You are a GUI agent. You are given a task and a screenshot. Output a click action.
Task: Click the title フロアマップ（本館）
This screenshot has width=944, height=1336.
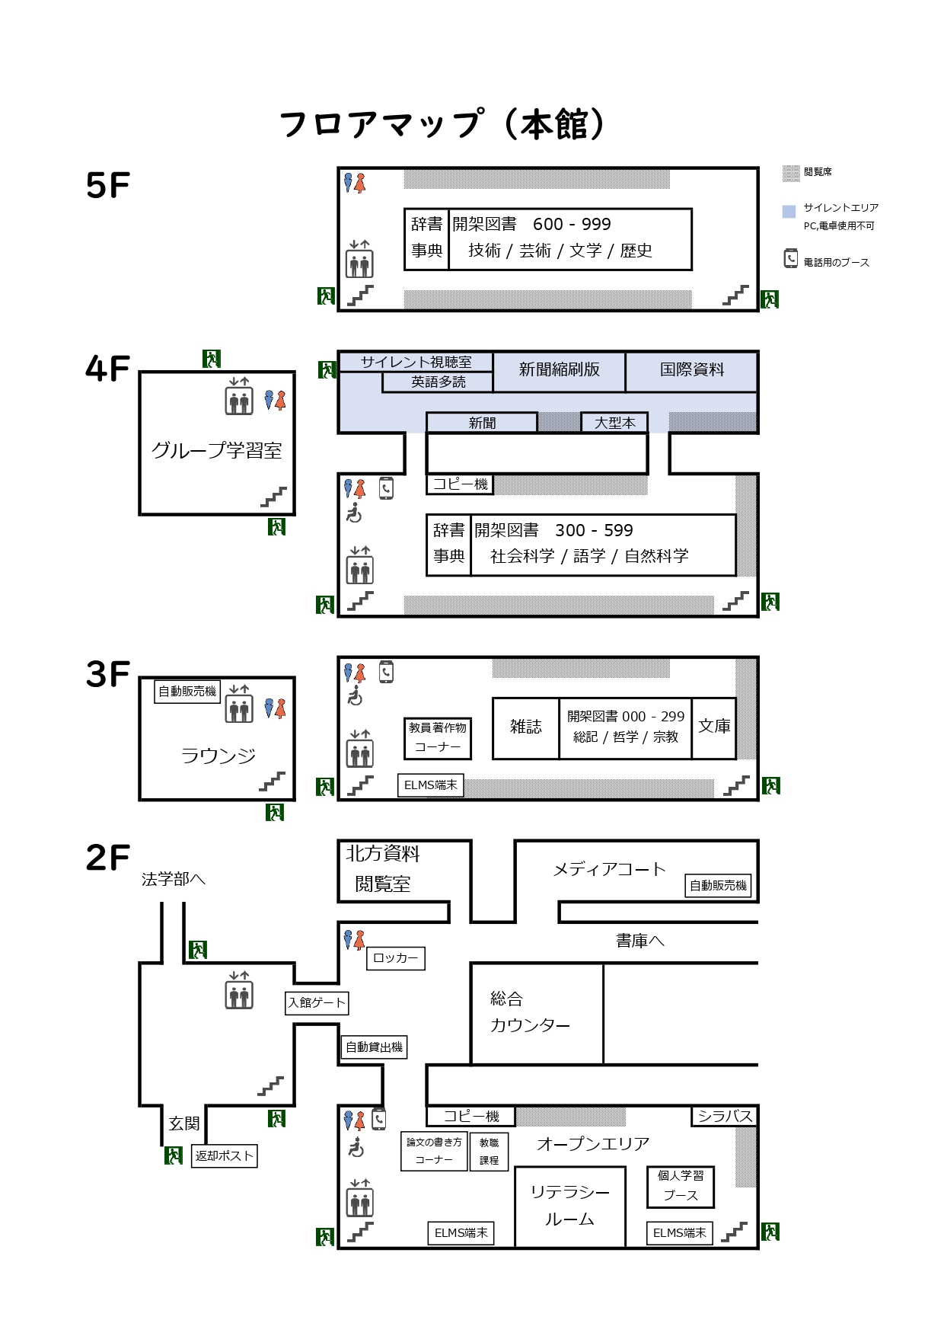pyautogui.click(x=443, y=124)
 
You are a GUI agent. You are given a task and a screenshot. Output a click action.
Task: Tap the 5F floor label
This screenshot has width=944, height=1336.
pyautogui.click(x=108, y=185)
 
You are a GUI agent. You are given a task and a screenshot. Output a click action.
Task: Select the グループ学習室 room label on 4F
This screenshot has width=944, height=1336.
pyautogui.click(x=217, y=450)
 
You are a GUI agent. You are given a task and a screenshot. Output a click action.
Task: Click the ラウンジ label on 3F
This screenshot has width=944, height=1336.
pyautogui.click(x=218, y=756)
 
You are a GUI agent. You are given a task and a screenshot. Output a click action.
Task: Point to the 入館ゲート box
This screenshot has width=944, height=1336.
pyautogui.click(x=317, y=1002)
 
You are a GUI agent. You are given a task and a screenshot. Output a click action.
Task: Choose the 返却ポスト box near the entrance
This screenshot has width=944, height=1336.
pyautogui.click(x=224, y=1155)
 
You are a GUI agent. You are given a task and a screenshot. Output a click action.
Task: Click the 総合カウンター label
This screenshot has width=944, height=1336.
pyautogui.click(x=530, y=1012)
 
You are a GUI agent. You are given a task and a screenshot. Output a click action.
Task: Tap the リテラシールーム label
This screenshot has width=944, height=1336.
pyautogui.click(x=569, y=1205)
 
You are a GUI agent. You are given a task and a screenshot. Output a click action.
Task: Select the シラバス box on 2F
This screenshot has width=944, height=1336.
pyautogui.click(x=725, y=1116)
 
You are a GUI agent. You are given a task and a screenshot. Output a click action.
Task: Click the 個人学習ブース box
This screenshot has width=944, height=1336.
pyautogui.click(x=681, y=1186)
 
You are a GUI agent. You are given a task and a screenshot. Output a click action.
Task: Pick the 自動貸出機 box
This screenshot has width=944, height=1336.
pyautogui.click(x=374, y=1047)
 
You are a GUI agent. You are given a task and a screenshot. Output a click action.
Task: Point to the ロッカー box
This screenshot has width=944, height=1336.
pyautogui.click(x=396, y=958)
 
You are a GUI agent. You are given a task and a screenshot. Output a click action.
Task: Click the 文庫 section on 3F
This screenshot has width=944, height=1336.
pyautogui.click(x=714, y=727)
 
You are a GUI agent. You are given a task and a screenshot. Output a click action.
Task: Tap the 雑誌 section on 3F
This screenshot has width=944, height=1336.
pyautogui.click(x=526, y=727)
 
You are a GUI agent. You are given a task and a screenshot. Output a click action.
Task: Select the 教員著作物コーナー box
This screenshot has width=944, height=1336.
pyautogui.click(x=438, y=737)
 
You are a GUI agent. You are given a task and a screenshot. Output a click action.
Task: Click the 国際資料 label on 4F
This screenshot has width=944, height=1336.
pyautogui.click(x=691, y=370)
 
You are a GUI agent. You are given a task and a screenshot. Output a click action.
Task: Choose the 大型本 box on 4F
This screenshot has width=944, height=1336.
pyautogui.click(x=614, y=423)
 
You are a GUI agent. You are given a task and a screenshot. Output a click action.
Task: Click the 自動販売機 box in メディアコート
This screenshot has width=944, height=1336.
pyautogui.click(x=718, y=885)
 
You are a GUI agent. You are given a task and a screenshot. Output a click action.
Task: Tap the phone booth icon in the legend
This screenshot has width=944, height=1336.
pyautogui.click(x=791, y=259)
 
